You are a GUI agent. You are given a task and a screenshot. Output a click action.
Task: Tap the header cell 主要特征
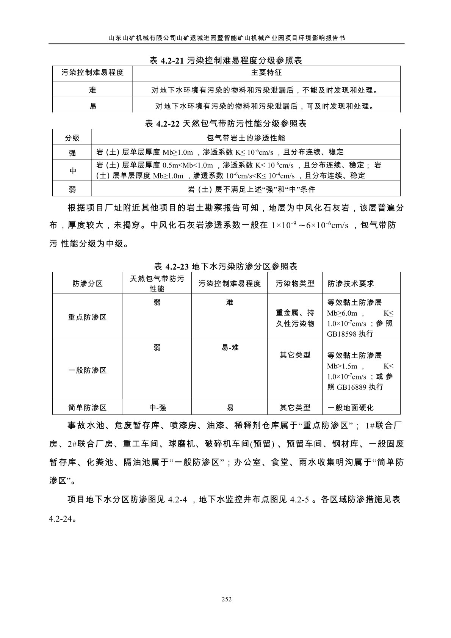pyautogui.click(x=266, y=73)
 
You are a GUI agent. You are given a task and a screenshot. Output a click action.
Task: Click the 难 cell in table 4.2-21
pyautogui.click(x=92, y=90)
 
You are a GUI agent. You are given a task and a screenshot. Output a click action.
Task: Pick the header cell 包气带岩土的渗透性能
pyautogui.click(x=246, y=137)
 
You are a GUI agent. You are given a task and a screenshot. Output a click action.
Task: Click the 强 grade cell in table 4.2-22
pyautogui.click(x=72, y=153)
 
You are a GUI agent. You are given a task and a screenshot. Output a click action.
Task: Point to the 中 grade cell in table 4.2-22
pyautogui.click(x=72, y=171)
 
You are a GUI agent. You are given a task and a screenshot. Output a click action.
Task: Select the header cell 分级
pyautogui.click(x=72, y=138)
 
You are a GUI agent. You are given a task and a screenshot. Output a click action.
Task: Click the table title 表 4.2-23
pyautogui.click(x=225, y=266)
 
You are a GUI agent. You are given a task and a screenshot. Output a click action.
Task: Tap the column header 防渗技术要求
pyautogui.click(x=351, y=284)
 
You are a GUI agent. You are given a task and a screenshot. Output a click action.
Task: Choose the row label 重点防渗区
pyautogui.click(x=87, y=317)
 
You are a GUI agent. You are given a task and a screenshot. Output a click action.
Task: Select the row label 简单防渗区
pyautogui.click(x=87, y=408)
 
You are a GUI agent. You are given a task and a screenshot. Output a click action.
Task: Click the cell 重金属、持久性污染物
pyautogui.click(x=295, y=318)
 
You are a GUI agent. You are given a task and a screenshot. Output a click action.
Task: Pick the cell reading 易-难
pyautogui.click(x=230, y=347)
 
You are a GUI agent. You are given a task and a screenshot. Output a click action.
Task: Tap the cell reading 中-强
pyautogui.click(x=157, y=408)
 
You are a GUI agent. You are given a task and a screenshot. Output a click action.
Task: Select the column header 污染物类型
pyautogui.click(x=295, y=284)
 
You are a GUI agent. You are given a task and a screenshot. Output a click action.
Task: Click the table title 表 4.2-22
pyautogui.click(x=226, y=124)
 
